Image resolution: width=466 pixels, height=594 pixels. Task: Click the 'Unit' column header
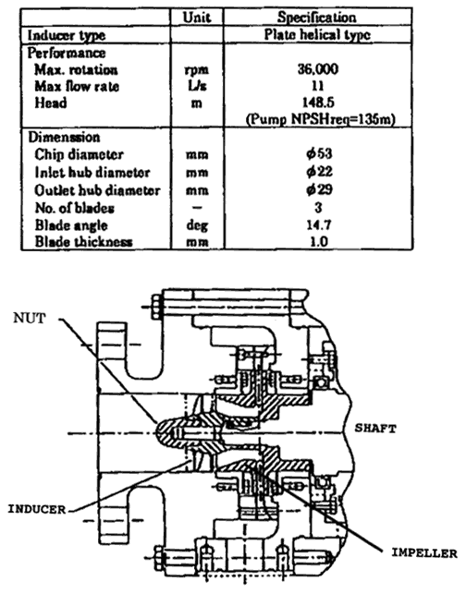[197, 18]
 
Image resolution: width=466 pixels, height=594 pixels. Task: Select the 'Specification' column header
[317, 18]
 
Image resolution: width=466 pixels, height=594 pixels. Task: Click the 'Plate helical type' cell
[317, 35]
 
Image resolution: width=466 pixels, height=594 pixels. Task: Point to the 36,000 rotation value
[318, 69]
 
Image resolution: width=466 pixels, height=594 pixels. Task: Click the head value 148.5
[318, 103]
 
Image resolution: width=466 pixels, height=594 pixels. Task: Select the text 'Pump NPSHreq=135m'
[321, 119]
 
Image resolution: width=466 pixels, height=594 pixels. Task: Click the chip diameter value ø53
[319, 153]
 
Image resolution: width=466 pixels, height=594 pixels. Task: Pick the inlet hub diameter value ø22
[319, 172]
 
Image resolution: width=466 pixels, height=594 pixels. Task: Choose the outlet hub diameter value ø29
[319, 189]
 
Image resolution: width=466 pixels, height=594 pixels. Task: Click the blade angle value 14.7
[319, 224]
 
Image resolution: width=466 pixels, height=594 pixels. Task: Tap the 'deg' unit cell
[197, 225]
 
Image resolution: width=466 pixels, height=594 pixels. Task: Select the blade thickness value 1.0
[319, 241]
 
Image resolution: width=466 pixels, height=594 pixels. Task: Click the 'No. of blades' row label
[75, 208]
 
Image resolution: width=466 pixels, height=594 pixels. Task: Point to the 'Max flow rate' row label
[77, 86]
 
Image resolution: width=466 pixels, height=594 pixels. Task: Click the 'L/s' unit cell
[197, 86]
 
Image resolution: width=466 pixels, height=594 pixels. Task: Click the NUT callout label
[30, 318]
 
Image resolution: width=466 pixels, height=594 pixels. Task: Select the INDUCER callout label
[37, 509]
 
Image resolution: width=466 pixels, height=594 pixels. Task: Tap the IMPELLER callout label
[424, 553]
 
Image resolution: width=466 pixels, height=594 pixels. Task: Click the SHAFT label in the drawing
[375, 429]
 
